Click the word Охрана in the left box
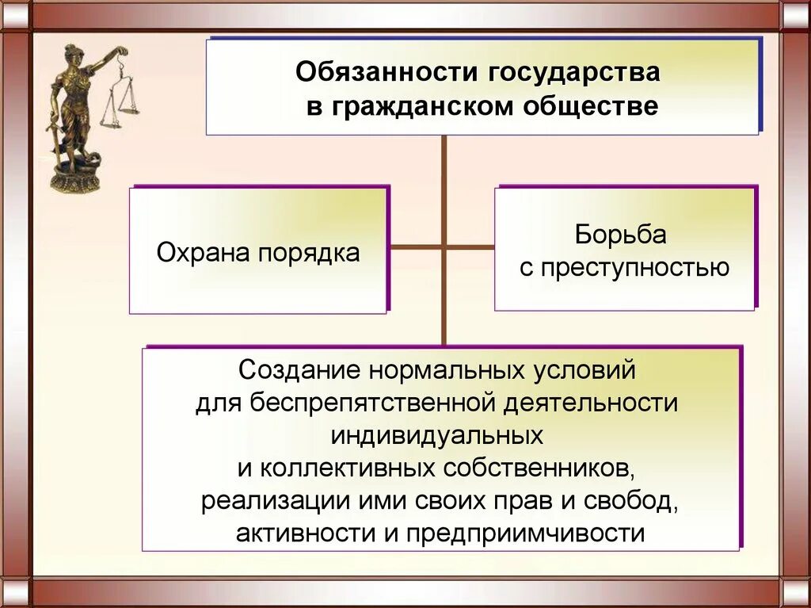202,253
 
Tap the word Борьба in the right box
621,235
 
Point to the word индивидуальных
437,434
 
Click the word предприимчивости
526,533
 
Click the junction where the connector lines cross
444,247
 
